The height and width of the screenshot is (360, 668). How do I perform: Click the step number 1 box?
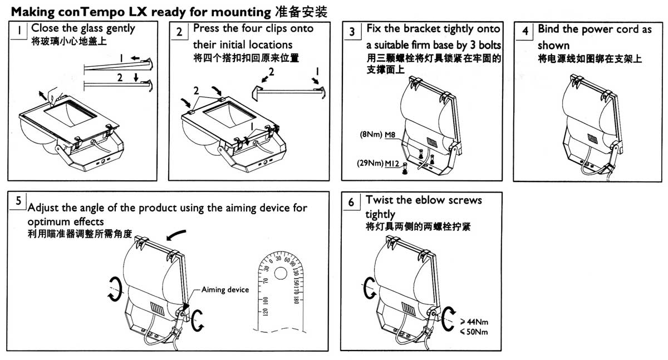[19, 32]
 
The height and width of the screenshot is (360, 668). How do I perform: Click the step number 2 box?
[179, 32]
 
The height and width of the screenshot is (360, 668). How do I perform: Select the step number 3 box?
[352, 32]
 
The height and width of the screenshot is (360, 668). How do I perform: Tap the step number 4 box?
[524, 32]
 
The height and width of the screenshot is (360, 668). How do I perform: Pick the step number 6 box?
[351, 202]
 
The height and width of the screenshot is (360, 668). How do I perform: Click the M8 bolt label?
[393, 135]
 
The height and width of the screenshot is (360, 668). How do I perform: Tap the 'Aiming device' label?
[225, 290]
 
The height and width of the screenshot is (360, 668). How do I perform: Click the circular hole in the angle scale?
[281, 273]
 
